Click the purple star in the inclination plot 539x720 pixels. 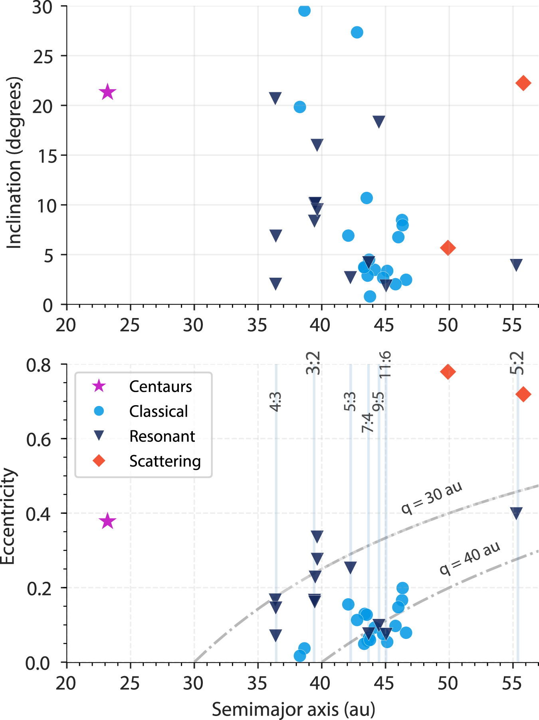[x=107, y=92]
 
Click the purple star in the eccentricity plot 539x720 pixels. [x=107, y=521]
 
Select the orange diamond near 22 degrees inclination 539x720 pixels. [x=523, y=83]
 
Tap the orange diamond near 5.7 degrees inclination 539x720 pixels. [x=448, y=248]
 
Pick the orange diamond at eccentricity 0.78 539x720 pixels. [x=448, y=372]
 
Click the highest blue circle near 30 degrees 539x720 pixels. [x=304, y=10]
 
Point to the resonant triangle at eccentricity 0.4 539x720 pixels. [x=516, y=513]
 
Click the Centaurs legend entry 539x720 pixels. [x=160, y=386]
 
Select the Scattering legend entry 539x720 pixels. [x=164, y=461]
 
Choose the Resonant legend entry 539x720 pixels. [x=162, y=436]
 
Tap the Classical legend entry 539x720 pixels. [x=158, y=411]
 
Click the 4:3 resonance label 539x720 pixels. [x=275, y=401]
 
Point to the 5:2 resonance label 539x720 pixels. [x=517, y=362]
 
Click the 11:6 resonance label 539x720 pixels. [x=385, y=364]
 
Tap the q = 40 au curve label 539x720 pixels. [x=470, y=558]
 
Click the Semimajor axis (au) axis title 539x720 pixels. [x=293, y=709]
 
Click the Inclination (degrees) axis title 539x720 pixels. [x=14, y=163]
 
